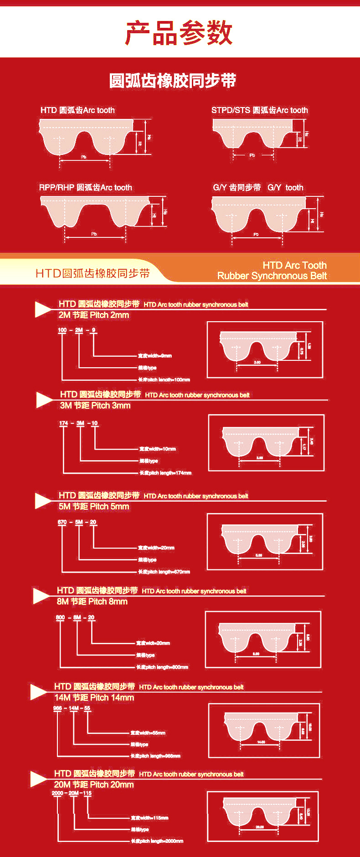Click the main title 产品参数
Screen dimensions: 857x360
(x=179, y=33)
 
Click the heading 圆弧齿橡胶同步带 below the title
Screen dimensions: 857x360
(x=173, y=81)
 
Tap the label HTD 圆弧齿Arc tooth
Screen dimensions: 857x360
(x=77, y=110)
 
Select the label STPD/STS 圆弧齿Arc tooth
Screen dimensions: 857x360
(x=259, y=110)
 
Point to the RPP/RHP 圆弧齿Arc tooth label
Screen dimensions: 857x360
(x=86, y=188)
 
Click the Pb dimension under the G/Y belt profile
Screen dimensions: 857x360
(x=256, y=234)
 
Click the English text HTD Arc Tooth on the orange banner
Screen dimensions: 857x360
(x=294, y=265)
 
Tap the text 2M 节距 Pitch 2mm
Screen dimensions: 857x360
(x=93, y=315)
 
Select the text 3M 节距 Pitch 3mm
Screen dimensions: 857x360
(x=95, y=405)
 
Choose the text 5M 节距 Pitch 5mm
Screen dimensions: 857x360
(x=94, y=507)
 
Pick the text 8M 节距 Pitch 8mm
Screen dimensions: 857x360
(x=92, y=602)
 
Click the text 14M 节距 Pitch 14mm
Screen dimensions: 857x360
(x=94, y=698)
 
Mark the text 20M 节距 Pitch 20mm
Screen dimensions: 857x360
(x=94, y=785)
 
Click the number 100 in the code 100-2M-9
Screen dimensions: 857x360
(x=62, y=330)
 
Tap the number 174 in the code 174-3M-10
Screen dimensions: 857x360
(x=63, y=423)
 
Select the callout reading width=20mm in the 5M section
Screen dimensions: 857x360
(x=156, y=548)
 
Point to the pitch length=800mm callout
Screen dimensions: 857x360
(x=162, y=667)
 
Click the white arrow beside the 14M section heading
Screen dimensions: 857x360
(x=38, y=692)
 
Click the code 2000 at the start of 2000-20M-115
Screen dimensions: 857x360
(x=57, y=793)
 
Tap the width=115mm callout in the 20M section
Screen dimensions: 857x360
(x=149, y=818)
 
